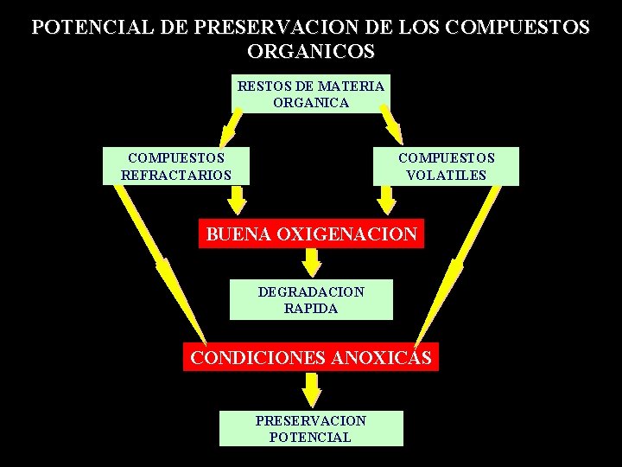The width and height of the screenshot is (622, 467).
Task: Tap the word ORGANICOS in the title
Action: pyautogui.click(x=311, y=51)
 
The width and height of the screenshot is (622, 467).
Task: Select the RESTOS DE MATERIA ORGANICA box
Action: pyautogui.click(x=311, y=94)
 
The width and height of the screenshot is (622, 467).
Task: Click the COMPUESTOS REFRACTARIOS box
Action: pyautogui.click(x=176, y=167)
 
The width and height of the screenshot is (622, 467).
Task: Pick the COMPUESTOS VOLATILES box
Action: pyautogui.click(x=446, y=167)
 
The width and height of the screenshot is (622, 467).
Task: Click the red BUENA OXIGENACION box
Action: pyautogui.click(x=311, y=233)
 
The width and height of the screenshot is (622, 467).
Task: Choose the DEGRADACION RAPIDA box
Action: pyautogui.click(x=311, y=299)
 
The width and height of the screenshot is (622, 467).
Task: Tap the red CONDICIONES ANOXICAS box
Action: pyautogui.click(x=311, y=357)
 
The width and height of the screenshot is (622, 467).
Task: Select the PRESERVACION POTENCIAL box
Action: pyautogui.click(x=311, y=428)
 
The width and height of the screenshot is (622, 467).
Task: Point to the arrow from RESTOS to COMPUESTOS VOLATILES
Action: pyautogui.click(x=390, y=125)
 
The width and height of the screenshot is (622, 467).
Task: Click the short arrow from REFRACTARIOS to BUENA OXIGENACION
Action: pyautogui.click(x=236, y=201)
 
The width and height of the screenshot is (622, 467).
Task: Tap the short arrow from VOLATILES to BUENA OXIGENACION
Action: pyautogui.click(x=387, y=201)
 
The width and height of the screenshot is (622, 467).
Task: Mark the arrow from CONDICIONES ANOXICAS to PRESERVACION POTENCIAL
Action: pyautogui.click(x=311, y=387)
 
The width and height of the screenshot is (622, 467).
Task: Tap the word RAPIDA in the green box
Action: pyautogui.click(x=311, y=308)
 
